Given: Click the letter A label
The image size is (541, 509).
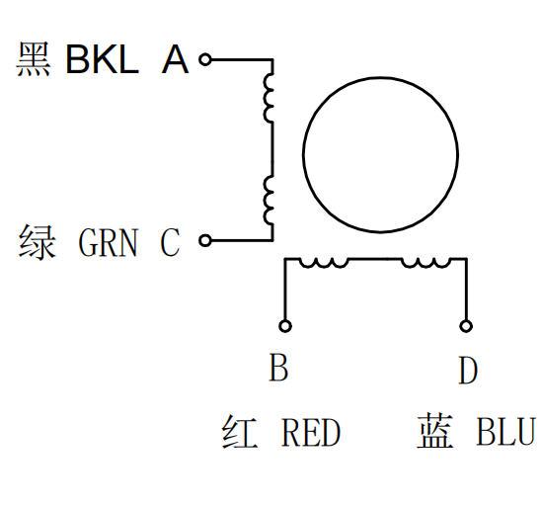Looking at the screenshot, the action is point(175,59).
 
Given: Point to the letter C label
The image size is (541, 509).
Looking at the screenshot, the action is point(170,242).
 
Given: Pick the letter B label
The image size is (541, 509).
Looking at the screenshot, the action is point(278,367).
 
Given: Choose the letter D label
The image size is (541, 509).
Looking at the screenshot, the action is point(468,371).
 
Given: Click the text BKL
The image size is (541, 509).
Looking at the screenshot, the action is point(102,59).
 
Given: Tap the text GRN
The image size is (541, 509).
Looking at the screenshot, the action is point(109,242).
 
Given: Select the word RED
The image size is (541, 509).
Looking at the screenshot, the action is point(311,432).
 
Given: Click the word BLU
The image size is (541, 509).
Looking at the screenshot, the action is point(505,432).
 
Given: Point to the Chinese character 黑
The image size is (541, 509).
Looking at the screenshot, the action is point(34,59).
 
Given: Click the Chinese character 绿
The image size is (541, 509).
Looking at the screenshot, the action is point(37,242).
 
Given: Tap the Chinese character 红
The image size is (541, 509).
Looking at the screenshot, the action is point(240,432).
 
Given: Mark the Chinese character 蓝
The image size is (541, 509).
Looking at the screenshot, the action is point(435,431).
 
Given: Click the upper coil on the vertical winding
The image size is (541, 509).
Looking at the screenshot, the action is point(269,98).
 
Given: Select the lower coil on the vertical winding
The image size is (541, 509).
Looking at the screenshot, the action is point(269,201).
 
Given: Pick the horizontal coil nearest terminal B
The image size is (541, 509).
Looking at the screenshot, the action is point(324,263).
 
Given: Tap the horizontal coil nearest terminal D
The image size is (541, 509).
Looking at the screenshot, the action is point(426,263).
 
